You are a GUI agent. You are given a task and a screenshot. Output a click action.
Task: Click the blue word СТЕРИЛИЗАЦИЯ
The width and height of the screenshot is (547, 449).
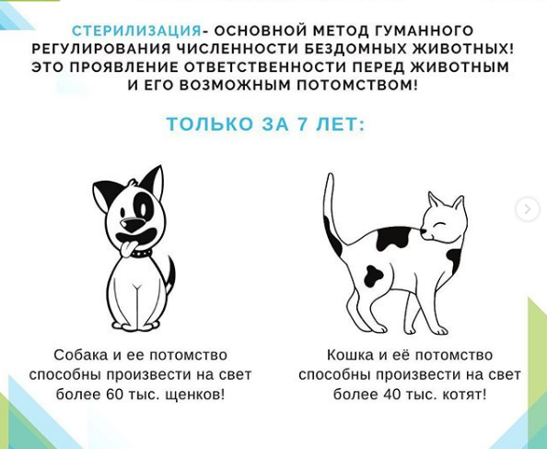tap(136, 30)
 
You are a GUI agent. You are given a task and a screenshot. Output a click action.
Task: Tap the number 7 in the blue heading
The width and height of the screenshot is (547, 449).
tap(303, 124)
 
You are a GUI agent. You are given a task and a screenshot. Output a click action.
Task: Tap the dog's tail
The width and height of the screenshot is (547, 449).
tap(169, 275)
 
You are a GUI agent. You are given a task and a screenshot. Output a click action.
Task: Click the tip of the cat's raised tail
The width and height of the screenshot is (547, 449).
tap(329, 175)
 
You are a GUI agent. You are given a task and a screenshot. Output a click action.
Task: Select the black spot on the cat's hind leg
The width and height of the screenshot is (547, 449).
tap(373, 276)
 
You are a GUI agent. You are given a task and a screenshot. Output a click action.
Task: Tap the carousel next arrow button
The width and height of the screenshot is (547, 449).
tap(528, 209)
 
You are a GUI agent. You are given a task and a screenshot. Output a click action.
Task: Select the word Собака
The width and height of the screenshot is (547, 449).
tap(81, 355)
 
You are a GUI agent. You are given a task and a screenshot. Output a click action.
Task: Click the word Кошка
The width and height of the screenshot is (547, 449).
tap(350, 355)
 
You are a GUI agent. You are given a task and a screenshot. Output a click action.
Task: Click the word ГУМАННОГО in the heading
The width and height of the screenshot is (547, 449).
tap(424, 30)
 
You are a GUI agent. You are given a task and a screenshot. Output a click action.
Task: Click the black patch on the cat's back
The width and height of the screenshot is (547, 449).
tap(393, 238)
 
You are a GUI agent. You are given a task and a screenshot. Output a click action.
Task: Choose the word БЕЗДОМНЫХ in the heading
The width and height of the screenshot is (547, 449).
tap(355, 49)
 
